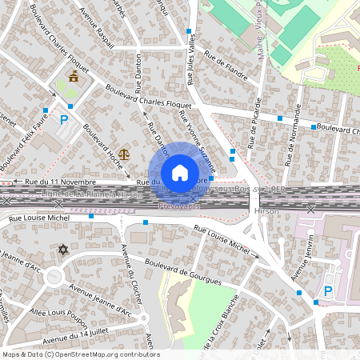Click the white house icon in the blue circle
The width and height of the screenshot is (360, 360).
(180, 173)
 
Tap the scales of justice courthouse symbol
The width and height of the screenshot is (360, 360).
(123, 152)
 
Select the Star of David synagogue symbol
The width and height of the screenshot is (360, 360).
(63, 251)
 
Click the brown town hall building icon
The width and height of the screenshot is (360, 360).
(74, 77)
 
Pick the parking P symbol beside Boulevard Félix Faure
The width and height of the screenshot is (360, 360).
(64, 120)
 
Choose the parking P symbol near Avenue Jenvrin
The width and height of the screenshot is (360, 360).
(328, 292)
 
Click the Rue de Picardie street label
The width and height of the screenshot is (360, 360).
(257, 123)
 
